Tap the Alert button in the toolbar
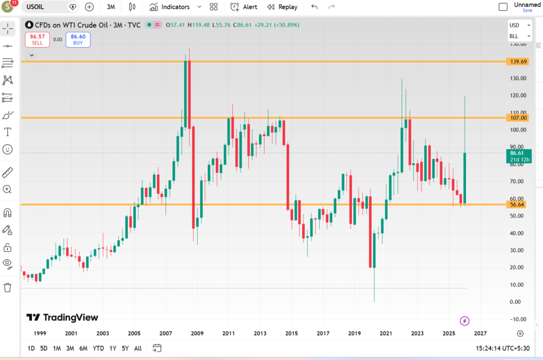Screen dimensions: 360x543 (244, 7)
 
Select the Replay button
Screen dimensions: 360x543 (282, 7)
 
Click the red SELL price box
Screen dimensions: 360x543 (37, 40)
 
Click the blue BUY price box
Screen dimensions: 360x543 (78, 40)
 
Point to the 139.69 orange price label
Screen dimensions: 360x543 (517, 62)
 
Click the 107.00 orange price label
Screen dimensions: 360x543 (517, 118)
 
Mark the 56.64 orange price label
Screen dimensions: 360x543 (517, 205)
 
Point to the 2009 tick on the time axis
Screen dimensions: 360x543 (197, 333)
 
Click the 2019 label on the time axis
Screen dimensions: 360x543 (354, 333)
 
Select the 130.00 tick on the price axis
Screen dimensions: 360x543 (517, 78)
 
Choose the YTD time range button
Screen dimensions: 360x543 (98, 348)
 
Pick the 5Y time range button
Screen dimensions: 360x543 (125, 348)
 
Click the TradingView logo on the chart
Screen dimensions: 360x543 (63, 318)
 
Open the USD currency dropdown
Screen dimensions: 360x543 (519, 25)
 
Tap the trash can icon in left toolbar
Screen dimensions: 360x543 (7, 287)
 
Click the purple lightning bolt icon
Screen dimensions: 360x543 (465, 320)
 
